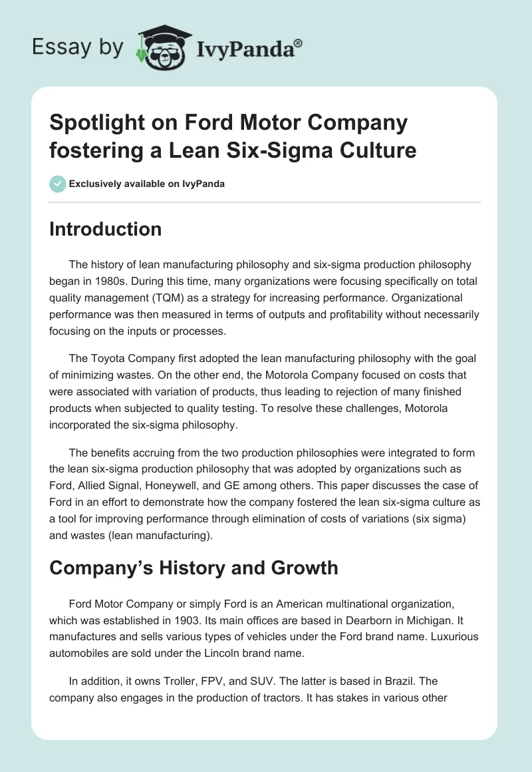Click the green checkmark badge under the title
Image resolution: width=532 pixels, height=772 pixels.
click(58, 184)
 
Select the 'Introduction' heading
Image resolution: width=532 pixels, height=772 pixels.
click(105, 229)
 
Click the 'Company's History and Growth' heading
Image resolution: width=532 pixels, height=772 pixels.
click(194, 568)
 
